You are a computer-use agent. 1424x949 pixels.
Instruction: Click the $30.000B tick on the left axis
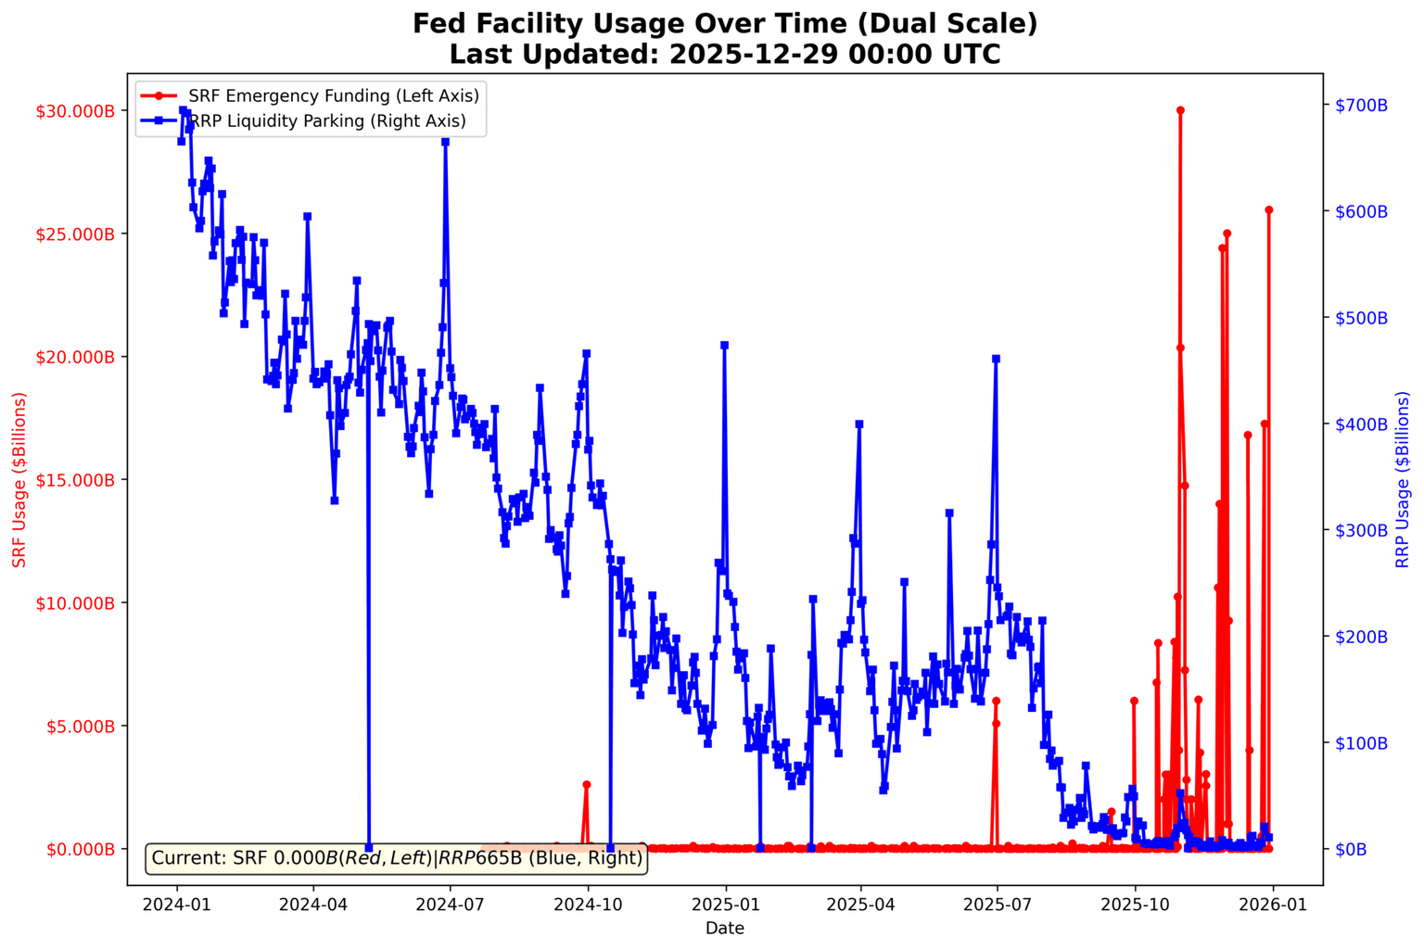coord(75,110)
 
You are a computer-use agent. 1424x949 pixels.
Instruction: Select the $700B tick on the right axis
coord(1361,106)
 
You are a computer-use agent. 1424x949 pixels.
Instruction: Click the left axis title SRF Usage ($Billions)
coord(19,479)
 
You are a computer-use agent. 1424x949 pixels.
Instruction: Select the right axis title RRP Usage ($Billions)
coord(1402,479)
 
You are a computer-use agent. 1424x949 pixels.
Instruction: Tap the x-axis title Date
coord(724,928)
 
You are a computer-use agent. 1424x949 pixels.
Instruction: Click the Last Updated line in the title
coord(724,54)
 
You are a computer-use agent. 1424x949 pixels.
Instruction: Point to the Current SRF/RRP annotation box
coord(396,858)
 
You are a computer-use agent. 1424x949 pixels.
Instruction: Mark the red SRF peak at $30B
coord(1180,110)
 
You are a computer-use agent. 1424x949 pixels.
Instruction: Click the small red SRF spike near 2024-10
coord(586,784)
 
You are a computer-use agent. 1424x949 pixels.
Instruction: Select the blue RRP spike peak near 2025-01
coord(724,345)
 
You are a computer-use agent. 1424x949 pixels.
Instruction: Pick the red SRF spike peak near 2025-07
coord(996,702)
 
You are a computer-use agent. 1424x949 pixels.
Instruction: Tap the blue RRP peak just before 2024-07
coord(445,142)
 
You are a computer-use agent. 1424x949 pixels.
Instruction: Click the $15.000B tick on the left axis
coord(75,479)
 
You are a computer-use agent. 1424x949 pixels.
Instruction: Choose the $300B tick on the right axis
coord(1361,530)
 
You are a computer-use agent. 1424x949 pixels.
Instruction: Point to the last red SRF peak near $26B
coord(1268,210)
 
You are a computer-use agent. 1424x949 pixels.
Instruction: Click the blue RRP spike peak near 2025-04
coord(859,424)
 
